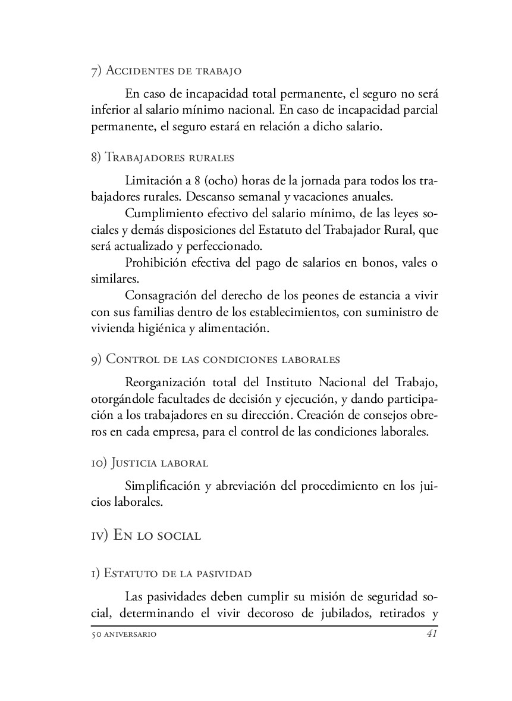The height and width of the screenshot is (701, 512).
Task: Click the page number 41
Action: click(x=432, y=634)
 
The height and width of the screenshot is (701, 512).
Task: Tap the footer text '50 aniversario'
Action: click(x=124, y=635)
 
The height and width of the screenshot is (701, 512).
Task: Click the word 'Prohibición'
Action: click(x=156, y=263)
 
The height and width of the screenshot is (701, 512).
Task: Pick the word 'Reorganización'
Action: click(x=167, y=381)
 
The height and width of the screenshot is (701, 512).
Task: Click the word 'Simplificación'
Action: click(x=162, y=486)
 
